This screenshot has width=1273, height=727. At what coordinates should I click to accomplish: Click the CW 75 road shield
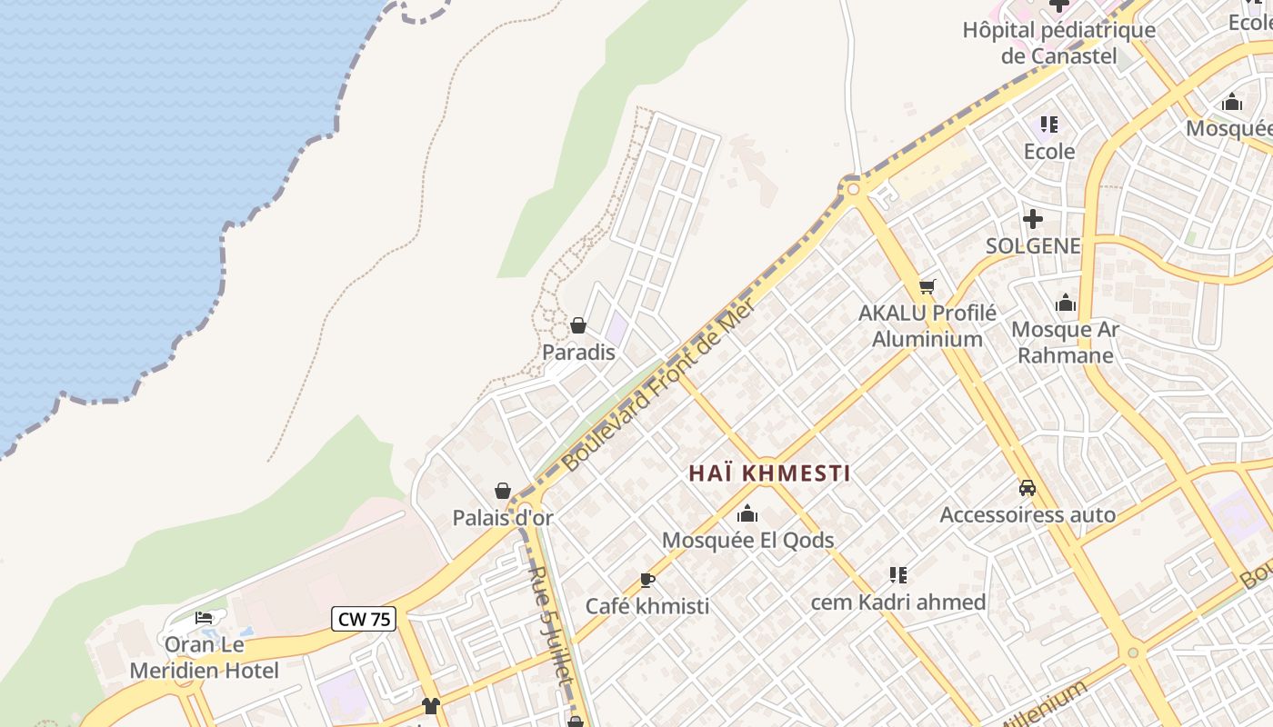tap(363, 619)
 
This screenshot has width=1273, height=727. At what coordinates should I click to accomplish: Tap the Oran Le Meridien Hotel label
tap(205, 658)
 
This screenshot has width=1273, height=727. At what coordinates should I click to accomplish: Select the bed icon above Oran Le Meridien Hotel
tap(204, 618)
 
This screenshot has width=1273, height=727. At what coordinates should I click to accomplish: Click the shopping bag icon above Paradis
tap(578, 325)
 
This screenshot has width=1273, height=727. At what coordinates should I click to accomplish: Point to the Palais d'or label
tap(503, 518)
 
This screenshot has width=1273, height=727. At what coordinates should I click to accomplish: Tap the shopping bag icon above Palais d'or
tap(503, 492)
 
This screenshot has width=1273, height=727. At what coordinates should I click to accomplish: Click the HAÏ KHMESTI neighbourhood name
tap(769, 473)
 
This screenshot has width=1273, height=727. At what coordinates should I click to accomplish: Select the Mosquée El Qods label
tap(747, 540)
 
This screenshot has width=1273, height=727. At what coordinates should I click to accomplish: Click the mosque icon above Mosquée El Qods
tap(747, 513)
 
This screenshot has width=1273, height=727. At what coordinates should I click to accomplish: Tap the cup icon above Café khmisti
tap(647, 580)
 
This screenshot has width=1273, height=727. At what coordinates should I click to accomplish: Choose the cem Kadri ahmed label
tap(897, 602)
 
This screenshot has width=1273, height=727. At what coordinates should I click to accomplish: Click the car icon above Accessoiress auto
tap(1027, 488)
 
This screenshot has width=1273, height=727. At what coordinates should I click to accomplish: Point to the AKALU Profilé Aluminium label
tap(927, 325)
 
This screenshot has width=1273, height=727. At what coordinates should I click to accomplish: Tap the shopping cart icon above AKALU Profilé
tap(927, 287)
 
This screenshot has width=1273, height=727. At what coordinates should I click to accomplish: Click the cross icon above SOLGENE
tap(1033, 219)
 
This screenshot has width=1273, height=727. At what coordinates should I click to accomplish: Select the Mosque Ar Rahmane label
tap(1065, 342)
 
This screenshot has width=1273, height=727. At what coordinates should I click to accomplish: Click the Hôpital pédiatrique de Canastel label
tap(1059, 43)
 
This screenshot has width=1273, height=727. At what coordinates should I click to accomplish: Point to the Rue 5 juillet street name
tap(551, 626)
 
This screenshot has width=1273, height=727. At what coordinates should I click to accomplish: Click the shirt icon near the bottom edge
tap(431, 706)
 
